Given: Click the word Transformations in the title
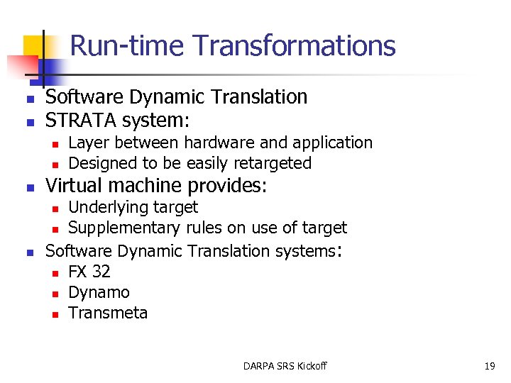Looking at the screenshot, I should pos(295,45).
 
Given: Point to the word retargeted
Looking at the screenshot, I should pos(266,163).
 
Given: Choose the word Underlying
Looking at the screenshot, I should pos(111,207).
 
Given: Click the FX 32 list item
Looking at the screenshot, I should pos(89,272).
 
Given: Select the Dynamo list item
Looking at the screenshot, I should pos(99,292).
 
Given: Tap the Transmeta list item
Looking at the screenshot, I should pos(108,313).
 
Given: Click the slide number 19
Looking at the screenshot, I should pos(489,366).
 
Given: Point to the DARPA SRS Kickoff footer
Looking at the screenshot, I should pos(285,366).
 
